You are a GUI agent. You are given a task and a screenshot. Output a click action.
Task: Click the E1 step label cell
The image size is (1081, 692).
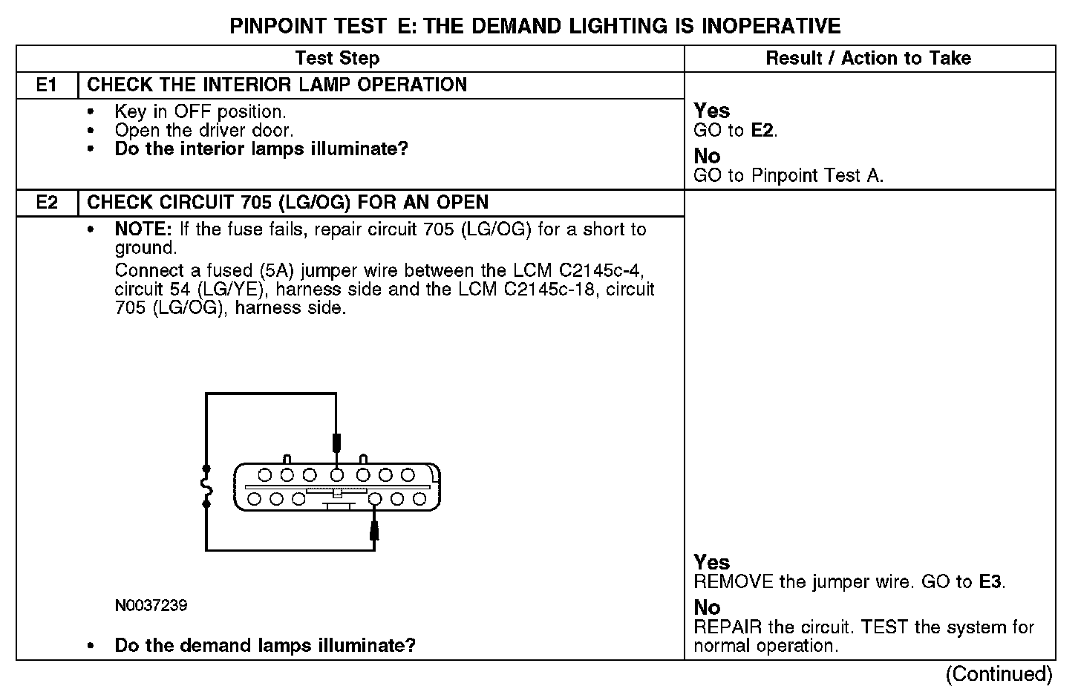point(47,85)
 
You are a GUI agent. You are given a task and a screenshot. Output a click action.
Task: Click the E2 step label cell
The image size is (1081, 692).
point(47,203)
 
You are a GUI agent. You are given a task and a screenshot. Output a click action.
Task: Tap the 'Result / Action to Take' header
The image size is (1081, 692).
point(868,58)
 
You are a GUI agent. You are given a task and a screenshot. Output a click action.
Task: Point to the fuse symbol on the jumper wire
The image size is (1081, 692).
point(206,487)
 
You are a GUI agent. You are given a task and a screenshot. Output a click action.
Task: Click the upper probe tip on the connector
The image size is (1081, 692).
point(336,443)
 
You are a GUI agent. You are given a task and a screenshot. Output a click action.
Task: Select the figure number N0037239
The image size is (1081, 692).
point(151,606)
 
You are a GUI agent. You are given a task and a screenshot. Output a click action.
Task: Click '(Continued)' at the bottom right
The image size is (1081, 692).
point(999,673)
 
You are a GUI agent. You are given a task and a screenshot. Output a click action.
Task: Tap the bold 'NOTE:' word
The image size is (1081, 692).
point(143,229)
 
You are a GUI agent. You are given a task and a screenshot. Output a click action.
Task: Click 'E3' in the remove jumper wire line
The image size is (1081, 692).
point(991,581)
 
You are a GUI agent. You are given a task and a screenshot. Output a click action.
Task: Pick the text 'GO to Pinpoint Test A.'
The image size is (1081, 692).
point(788,176)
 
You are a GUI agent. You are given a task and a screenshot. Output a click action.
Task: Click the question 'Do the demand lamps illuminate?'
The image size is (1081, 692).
point(265,645)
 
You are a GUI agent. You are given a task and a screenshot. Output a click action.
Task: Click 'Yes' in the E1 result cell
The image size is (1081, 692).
point(712,111)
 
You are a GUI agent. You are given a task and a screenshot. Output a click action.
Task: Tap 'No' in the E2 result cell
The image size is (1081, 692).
point(707,607)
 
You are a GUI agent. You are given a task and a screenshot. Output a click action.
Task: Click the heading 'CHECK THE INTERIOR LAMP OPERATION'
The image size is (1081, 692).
point(277,85)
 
